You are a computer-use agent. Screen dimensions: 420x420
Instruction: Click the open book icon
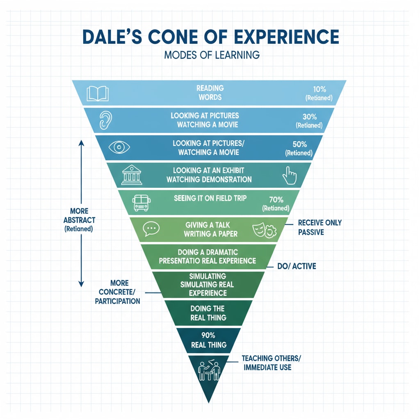[97, 93]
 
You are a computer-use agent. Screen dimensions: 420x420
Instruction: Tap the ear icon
[106, 120]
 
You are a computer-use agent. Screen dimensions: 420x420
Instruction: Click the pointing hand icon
[289, 176]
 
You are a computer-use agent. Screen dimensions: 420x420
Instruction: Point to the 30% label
[308, 116]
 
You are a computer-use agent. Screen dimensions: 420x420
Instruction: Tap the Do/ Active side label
[297, 267]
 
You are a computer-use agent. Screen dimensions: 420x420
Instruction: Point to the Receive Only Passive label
[320, 227]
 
